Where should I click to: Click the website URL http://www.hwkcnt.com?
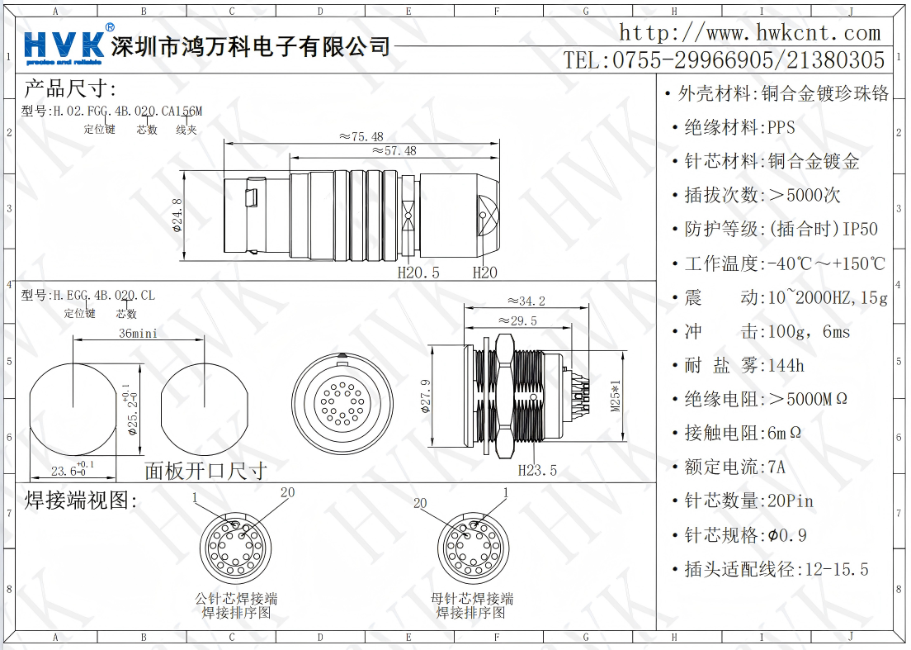point(750,32)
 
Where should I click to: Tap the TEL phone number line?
point(724,60)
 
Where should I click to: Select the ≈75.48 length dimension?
point(361,136)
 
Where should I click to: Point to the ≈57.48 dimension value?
point(394,151)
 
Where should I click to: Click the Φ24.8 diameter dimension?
point(177,216)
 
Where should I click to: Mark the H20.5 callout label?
point(418,273)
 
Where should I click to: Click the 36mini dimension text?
point(139,334)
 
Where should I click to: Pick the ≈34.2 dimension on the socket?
point(526,301)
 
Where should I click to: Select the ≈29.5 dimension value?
point(517,321)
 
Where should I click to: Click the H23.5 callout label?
point(537,470)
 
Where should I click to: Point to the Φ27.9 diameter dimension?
point(426,396)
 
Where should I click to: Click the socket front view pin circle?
point(342,402)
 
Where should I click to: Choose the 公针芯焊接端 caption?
point(236,598)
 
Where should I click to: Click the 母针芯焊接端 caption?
point(472,598)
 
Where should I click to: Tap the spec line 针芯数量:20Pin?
point(749,501)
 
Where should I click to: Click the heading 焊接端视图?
point(81,500)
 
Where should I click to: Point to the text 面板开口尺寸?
point(205,471)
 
